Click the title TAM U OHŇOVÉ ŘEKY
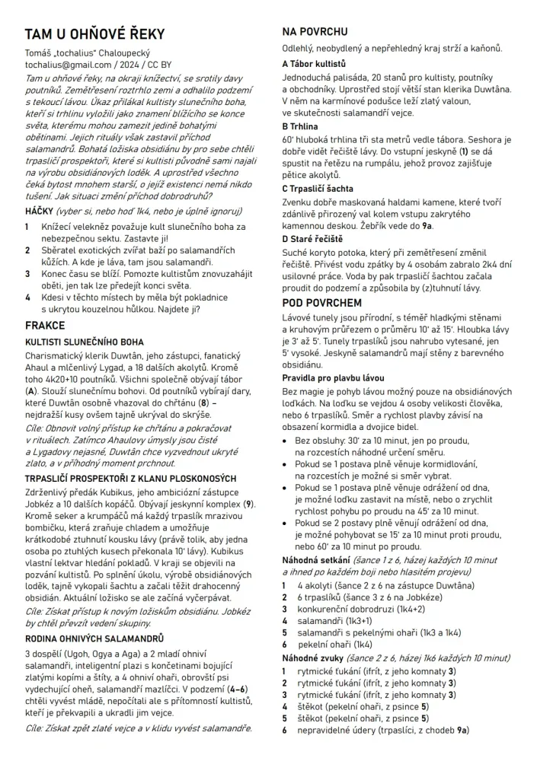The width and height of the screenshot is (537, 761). click(x=94, y=35)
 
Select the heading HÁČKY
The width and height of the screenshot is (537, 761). click(x=40, y=211)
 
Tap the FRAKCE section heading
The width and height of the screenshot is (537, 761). click(x=45, y=326)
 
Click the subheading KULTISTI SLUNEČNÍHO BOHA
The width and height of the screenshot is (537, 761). click(x=84, y=342)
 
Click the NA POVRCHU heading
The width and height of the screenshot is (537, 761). click(x=315, y=32)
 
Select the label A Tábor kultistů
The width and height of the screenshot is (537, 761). click(x=314, y=64)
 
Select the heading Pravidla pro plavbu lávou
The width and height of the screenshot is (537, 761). click(x=333, y=378)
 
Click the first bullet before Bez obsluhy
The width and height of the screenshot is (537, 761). click(x=286, y=441)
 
